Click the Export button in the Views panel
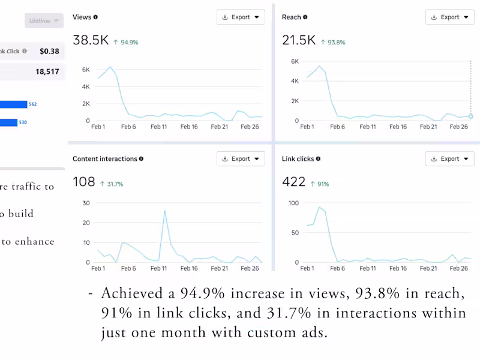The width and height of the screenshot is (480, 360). [241, 17]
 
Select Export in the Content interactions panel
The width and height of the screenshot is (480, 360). [241, 159]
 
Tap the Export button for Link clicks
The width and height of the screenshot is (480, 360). [449, 159]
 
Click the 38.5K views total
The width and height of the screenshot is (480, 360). [91, 40]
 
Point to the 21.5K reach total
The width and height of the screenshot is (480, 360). [299, 40]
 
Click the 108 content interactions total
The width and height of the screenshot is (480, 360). [84, 182]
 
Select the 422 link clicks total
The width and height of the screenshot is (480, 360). [294, 182]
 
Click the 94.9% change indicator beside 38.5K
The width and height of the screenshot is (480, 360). [127, 43]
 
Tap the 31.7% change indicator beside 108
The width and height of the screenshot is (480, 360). [112, 184]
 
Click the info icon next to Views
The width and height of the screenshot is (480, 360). [96, 17]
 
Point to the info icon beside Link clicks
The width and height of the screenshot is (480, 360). [319, 159]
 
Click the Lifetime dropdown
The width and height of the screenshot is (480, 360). [44, 21]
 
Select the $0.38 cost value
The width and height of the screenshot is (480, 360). [49, 52]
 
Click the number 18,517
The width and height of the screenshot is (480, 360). [47, 71]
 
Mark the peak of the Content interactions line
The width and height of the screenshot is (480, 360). [165, 211]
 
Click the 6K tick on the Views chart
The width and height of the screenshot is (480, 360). [86, 70]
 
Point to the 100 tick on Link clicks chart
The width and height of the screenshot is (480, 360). [293, 203]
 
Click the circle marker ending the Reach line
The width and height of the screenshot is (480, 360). [471, 116]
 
